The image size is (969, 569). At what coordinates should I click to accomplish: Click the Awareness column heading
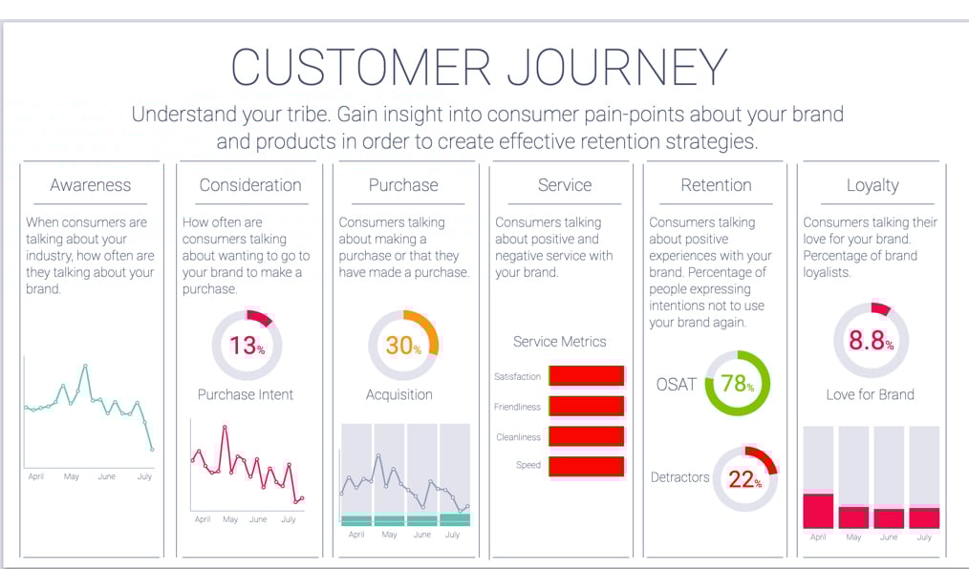[x=91, y=185]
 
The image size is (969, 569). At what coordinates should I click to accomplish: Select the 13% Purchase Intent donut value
[x=247, y=345]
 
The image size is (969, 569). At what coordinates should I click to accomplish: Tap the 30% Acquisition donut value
[x=403, y=346]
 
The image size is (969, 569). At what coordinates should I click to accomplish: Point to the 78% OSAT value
[x=737, y=384]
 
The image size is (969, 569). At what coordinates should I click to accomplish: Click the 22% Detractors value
[x=744, y=478]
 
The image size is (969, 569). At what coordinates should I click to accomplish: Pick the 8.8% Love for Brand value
[x=871, y=341]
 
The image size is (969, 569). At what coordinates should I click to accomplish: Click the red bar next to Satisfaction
[x=586, y=376]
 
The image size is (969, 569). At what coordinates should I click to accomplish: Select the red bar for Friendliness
[x=586, y=407]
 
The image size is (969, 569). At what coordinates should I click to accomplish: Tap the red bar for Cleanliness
[x=586, y=437]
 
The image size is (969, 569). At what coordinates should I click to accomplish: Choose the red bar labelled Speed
[x=586, y=466]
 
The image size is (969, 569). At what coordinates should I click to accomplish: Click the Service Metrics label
[x=559, y=341]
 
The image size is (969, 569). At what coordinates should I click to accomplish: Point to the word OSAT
[x=676, y=384]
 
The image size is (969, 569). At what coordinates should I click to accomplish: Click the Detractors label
[x=679, y=476]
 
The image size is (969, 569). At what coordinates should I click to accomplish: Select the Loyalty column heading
[x=872, y=185]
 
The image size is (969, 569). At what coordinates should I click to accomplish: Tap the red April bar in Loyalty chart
[x=818, y=511]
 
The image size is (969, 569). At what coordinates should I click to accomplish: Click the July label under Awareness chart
[x=144, y=476]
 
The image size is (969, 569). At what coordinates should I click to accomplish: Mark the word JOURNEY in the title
[x=616, y=69]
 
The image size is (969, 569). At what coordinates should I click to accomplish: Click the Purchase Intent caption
[x=246, y=394]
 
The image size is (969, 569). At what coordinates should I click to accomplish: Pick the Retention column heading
[x=716, y=185]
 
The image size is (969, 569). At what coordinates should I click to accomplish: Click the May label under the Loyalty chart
[x=853, y=537]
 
